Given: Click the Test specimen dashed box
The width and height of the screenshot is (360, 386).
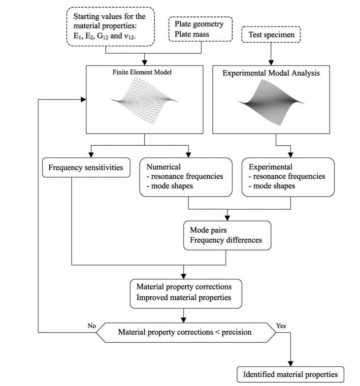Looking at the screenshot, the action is pos(271,34).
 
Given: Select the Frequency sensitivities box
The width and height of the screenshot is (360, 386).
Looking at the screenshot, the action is pos(86,167).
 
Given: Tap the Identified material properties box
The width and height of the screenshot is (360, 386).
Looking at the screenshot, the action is pos(291,374).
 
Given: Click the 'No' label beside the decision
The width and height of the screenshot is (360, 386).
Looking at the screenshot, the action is pos(92,326).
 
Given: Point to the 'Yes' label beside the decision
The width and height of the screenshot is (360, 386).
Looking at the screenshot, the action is pos(281,326).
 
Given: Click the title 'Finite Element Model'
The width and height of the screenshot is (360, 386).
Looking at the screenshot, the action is pos(142,72).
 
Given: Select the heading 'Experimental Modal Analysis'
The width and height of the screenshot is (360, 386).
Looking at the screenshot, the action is pos(271,73).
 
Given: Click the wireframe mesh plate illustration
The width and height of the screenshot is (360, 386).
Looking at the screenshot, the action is pos(145,100).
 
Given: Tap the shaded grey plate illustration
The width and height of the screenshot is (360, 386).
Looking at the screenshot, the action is pos(271,102).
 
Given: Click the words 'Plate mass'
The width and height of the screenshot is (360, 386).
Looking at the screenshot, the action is pos(192,34).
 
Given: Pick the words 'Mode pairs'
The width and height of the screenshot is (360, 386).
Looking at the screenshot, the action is pos(208,230).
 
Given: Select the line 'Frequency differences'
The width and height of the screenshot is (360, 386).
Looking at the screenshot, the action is pos(226,240).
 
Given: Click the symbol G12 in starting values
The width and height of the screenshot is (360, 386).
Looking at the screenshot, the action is pos(102,36).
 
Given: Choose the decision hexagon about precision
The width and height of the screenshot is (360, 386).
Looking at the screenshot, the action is pos(186,332).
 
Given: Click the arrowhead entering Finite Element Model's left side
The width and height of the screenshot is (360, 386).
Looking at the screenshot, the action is pos(84,99).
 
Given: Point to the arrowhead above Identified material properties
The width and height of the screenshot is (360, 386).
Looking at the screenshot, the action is pos(291,363).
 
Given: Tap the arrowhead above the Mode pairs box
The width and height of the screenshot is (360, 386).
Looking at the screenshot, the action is pos(228,218).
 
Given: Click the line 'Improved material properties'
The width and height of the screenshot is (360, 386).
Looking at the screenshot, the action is pos(184,297).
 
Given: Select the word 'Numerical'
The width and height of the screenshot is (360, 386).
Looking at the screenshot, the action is pos(164,167).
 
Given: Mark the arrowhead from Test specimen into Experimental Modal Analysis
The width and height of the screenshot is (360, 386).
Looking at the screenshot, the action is pos(271,63).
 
